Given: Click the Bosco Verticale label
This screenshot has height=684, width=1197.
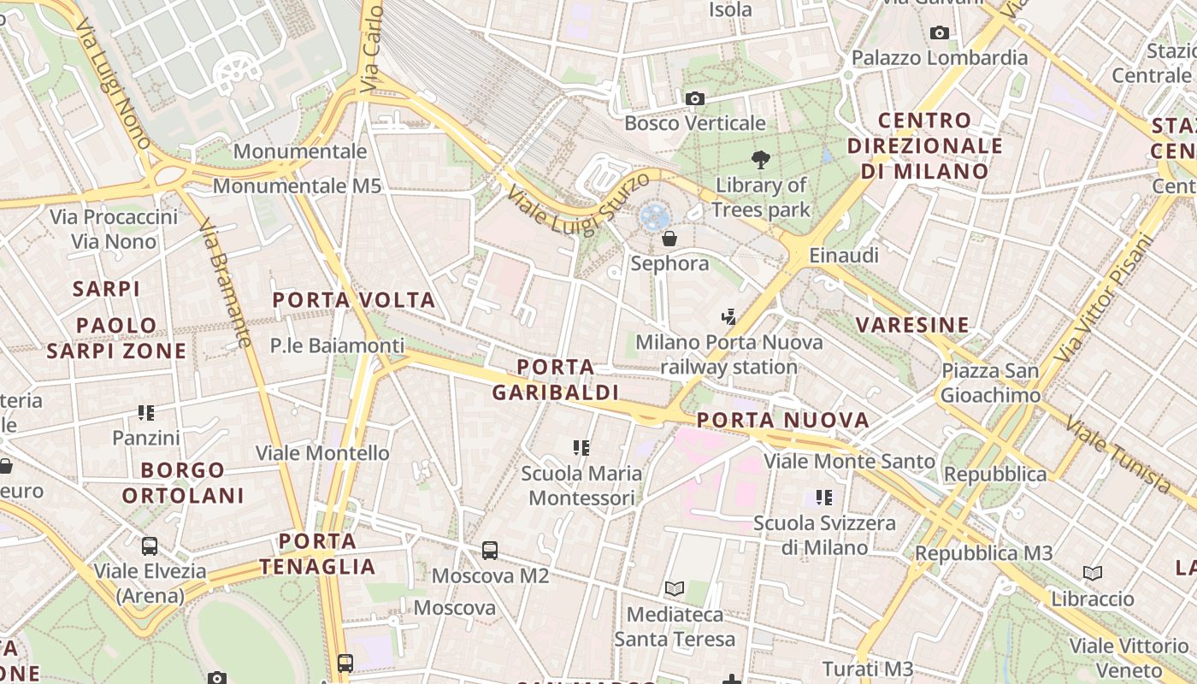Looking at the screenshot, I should (x=694, y=123).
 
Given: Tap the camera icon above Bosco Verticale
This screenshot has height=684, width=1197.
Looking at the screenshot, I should (x=694, y=98).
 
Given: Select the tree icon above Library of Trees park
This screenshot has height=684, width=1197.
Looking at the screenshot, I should (x=760, y=159).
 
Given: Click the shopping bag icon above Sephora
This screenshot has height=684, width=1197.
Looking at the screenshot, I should (x=669, y=239).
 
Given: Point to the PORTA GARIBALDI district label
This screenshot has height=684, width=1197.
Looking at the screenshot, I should (x=555, y=380).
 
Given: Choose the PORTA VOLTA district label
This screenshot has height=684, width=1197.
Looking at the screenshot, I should (x=354, y=300).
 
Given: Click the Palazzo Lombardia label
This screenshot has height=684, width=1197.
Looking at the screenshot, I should (x=940, y=58).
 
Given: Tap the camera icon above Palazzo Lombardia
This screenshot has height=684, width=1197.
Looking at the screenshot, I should (x=940, y=33).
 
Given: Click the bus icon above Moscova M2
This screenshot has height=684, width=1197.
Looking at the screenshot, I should (x=490, y=551).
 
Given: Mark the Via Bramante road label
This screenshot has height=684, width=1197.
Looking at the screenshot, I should (x=226, y=283).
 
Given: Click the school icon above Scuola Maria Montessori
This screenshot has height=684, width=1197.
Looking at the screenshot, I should (x=581, y=447).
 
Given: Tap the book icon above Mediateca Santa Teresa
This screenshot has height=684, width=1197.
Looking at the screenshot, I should (x=675, y=588).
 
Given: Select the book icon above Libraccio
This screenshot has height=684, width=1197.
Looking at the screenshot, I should (x=1093, y=573).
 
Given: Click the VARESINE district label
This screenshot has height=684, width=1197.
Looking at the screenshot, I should (x=913, y=325).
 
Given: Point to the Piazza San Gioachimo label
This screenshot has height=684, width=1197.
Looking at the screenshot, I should (x=991, y=383).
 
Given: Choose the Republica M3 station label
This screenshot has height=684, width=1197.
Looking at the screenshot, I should (x=983, y=553).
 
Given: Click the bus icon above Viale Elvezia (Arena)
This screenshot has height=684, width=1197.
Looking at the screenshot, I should (x=150, y=545).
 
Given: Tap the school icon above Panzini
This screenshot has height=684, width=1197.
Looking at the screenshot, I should (x=146, y=413).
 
